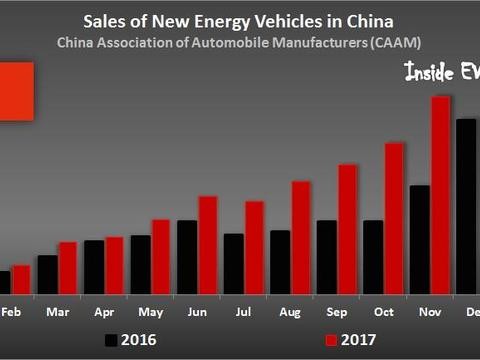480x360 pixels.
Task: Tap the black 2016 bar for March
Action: coord(47,275)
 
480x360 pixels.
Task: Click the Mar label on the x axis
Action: coord(57,312)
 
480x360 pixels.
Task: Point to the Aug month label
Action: coord(290,312)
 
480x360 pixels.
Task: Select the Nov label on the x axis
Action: coord(430,312)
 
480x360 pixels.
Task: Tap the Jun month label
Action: coord(197,312)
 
